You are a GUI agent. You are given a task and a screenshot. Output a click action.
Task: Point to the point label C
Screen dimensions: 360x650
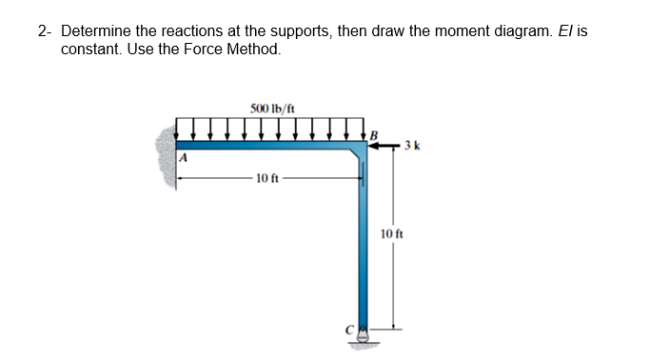(348, 329)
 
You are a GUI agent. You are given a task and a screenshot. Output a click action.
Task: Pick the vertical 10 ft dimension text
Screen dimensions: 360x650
(391, 233)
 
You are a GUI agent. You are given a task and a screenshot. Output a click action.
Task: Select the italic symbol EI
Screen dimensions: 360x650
(570, 30)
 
